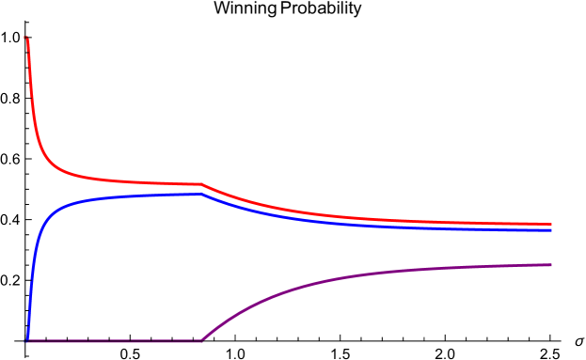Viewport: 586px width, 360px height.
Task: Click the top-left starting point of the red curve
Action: point(27,38)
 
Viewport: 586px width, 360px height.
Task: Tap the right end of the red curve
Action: point(551,225)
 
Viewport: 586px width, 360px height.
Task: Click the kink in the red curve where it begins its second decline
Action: point(201,184)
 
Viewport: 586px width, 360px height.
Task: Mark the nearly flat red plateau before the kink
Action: point(141,181)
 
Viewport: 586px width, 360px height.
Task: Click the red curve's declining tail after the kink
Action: point(329,215)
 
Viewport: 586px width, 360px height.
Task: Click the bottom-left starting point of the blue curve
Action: point(27,338)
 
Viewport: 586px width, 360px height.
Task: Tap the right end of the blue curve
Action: point(551,230)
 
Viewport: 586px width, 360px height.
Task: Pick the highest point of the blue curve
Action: point(199,195)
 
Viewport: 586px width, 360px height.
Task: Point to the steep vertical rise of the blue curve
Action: point(31,282)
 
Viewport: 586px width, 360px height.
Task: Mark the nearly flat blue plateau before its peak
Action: point(141,196)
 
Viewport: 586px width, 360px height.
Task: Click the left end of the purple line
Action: point(27,341)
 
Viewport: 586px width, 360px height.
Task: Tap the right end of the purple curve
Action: point(551,265)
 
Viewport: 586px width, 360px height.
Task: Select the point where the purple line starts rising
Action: point(201,340)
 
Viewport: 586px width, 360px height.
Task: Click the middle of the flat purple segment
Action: point(114,341)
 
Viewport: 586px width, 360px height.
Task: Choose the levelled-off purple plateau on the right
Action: point(489,267)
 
